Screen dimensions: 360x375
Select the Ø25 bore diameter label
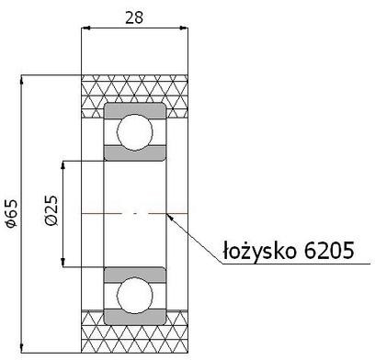pos(52,214)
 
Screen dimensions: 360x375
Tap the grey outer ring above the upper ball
pos(135,108)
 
